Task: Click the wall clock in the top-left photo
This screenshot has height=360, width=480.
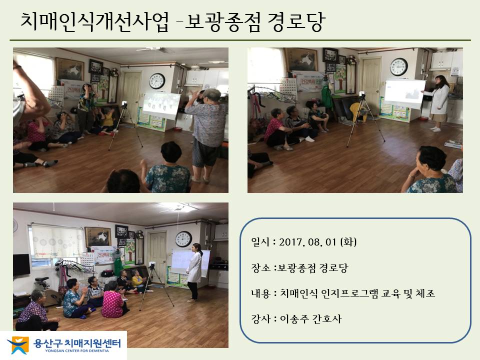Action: [157, 81]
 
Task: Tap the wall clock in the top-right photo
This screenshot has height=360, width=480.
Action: [398, 66]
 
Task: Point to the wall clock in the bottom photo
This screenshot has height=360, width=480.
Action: [183, 239]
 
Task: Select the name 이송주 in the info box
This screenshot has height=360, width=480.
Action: [294, 319]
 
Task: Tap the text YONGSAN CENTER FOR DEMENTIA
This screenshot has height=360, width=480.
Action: [77, 351]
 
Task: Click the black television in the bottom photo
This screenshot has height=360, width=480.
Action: [21, 265]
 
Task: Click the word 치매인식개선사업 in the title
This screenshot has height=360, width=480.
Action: [94, 21]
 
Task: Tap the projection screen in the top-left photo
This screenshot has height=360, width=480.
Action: [161, 105]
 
